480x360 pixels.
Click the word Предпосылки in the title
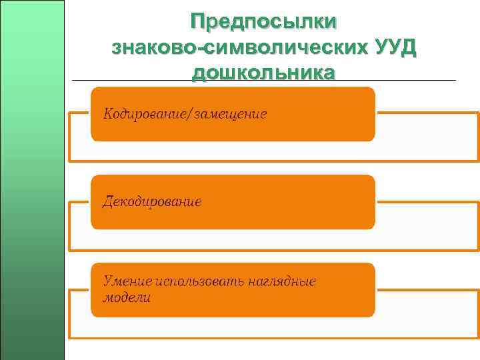pos(263,22)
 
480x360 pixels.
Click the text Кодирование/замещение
pos(185,114)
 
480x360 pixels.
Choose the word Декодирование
pos(152,201)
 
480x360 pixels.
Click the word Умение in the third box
pos(127,281)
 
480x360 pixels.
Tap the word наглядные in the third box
pos(280,281)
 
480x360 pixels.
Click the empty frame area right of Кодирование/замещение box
pos(427,137)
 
